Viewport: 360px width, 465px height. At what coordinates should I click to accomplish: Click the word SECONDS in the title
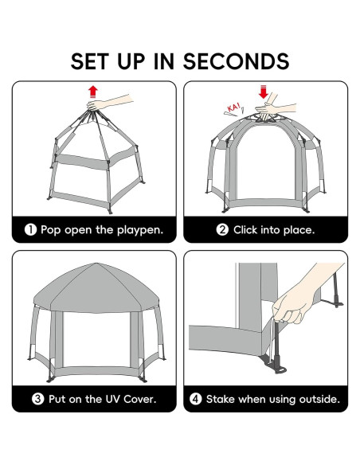(236, 61)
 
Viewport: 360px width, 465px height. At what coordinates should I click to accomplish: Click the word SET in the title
(89, 61)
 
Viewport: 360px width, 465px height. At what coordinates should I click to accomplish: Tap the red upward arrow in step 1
(93, 92)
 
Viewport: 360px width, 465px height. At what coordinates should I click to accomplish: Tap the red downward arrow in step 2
(263, 92)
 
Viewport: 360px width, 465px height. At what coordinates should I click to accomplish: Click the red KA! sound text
(234, 107)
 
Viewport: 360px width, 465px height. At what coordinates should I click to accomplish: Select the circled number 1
(30, 230)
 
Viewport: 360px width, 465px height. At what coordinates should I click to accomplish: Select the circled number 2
(222, 230)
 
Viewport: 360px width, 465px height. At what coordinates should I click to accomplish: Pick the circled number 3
(37, 399)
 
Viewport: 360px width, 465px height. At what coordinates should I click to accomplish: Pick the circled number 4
(195, 399)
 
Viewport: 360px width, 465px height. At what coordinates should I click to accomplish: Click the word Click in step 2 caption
(245, 230)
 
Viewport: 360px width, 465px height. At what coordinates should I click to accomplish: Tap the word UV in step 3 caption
(112, 399)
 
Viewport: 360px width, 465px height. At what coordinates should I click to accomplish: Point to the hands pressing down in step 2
(273, 107)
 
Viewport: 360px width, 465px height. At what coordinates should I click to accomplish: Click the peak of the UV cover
(96, 264)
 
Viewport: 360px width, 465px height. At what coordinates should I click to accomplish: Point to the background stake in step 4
(336, 291)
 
